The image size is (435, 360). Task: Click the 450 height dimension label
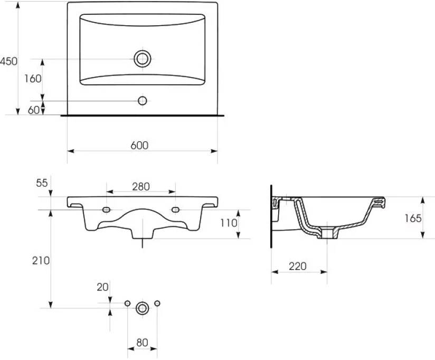coord(8,61)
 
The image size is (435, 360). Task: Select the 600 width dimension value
coord(139,145)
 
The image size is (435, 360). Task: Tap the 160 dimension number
coord(33,79)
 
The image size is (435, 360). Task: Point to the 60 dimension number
coord(34,110)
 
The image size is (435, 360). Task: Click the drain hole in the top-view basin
coord(143,59)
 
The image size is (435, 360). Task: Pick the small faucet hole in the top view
coord(143,101)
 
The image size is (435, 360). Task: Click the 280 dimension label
coord(141,187)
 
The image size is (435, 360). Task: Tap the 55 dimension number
coord(42,183)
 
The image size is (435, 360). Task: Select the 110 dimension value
coord(229,223)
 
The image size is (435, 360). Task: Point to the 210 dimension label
coord(41,261)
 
